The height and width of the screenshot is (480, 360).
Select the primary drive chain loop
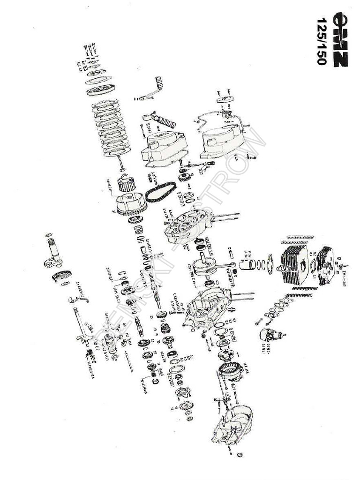[160, 192]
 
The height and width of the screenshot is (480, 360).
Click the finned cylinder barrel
[294, 265]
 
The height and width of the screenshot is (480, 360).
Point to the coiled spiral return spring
[61, 276]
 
